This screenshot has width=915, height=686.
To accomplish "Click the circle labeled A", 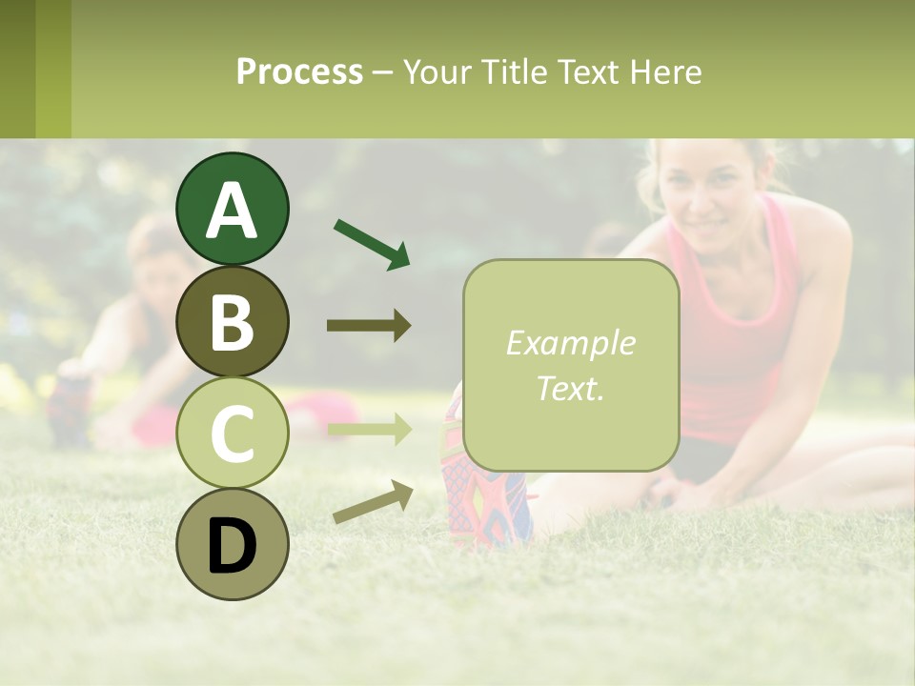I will coord(232,209).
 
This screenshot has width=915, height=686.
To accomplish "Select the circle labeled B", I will coord(232,321).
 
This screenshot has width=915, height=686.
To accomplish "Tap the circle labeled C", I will coord(232,433).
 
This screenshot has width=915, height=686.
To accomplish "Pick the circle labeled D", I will coord(232,544).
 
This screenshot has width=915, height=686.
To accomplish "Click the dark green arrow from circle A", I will coord(372,243).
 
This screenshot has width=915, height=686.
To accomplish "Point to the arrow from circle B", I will coord(369,326).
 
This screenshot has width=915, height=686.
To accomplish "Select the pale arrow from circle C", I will coord(369,430).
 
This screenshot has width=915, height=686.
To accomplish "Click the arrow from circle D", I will coord(373,502).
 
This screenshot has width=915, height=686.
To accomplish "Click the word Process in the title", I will coord(299,72).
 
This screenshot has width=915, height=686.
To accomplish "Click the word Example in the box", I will coord(570,344).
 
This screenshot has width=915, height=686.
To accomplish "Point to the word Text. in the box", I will coord(570,388).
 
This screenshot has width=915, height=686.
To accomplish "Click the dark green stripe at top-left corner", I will coord(17,69).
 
